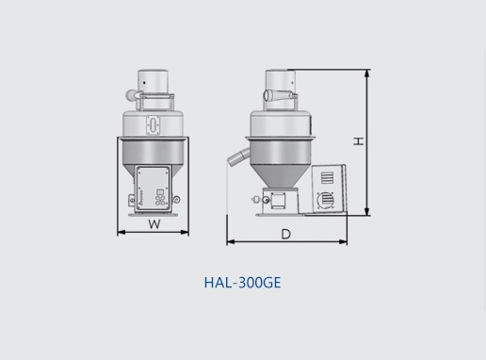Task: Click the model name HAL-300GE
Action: click(x=242, y=283)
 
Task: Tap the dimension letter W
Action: click(x=154, y=224)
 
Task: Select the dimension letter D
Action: click(x=285, y=234)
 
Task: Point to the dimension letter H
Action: click(x=359, y=141)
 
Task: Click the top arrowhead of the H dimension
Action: click(x=366, y=74)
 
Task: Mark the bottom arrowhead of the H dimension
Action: click(x=366, y=212)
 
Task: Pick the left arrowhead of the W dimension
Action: click(x=121, y=233)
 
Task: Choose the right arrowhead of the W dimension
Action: click(x=185, y=233)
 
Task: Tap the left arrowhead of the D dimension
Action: click(x=231, y=241)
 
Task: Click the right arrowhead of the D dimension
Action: click(x=343, y=241)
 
